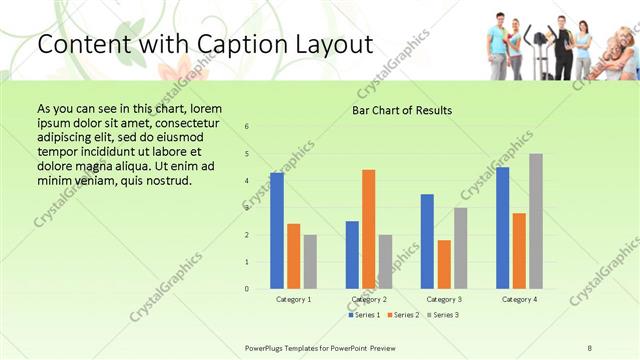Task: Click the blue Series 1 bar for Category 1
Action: click(277, 231)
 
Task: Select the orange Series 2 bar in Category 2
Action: click(369, 229)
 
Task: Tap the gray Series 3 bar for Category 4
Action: click(536, 221)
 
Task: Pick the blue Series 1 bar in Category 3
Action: click(427, 241)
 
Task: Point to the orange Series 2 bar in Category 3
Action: click(444, 264)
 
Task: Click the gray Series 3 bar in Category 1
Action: click(310, 262)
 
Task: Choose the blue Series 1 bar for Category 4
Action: click(503, 228)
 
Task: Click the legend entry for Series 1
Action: click(364, 315)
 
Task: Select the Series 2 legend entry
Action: click(403, 315)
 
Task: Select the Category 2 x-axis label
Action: click(369, 299)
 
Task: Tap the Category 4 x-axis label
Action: click(519, 299)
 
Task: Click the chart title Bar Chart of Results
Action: click(402, 110)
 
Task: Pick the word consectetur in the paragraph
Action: click(181, 122)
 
